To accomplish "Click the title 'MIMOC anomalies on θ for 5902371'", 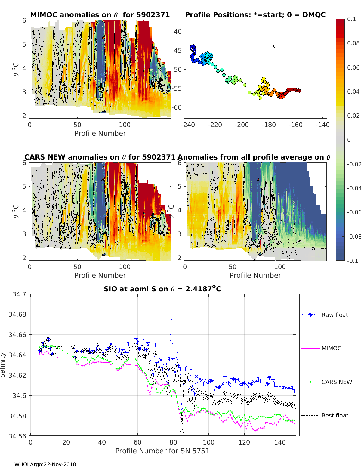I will tap(100, 15).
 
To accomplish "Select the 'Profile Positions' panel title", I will tap(255, 15).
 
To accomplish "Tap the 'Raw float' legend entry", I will tap(335, 315).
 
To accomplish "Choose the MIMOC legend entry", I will tap(331, 348).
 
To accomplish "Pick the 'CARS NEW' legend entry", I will tap(336, 382).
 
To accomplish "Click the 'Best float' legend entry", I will tap(335, 415).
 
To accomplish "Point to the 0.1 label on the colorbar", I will tap(351, 19).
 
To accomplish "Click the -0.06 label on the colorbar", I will tap(353, 212).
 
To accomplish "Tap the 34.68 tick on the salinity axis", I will tap(17, 314).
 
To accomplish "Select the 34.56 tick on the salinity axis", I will tap(17, 436).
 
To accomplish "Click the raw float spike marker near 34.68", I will tap(171, 314).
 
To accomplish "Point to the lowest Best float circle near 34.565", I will tap(182, 431).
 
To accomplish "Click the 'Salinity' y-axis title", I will tap(3, 365).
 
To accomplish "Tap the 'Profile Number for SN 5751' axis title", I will tap(162, 451).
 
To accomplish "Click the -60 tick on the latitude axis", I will tap(177, 107).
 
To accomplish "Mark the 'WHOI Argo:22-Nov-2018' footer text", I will tap(45, 464).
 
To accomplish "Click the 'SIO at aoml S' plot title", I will tap(162, 289).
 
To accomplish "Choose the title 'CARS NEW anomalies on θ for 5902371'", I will tap(100, 157).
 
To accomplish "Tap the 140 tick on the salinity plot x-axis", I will tap(280, 442).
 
